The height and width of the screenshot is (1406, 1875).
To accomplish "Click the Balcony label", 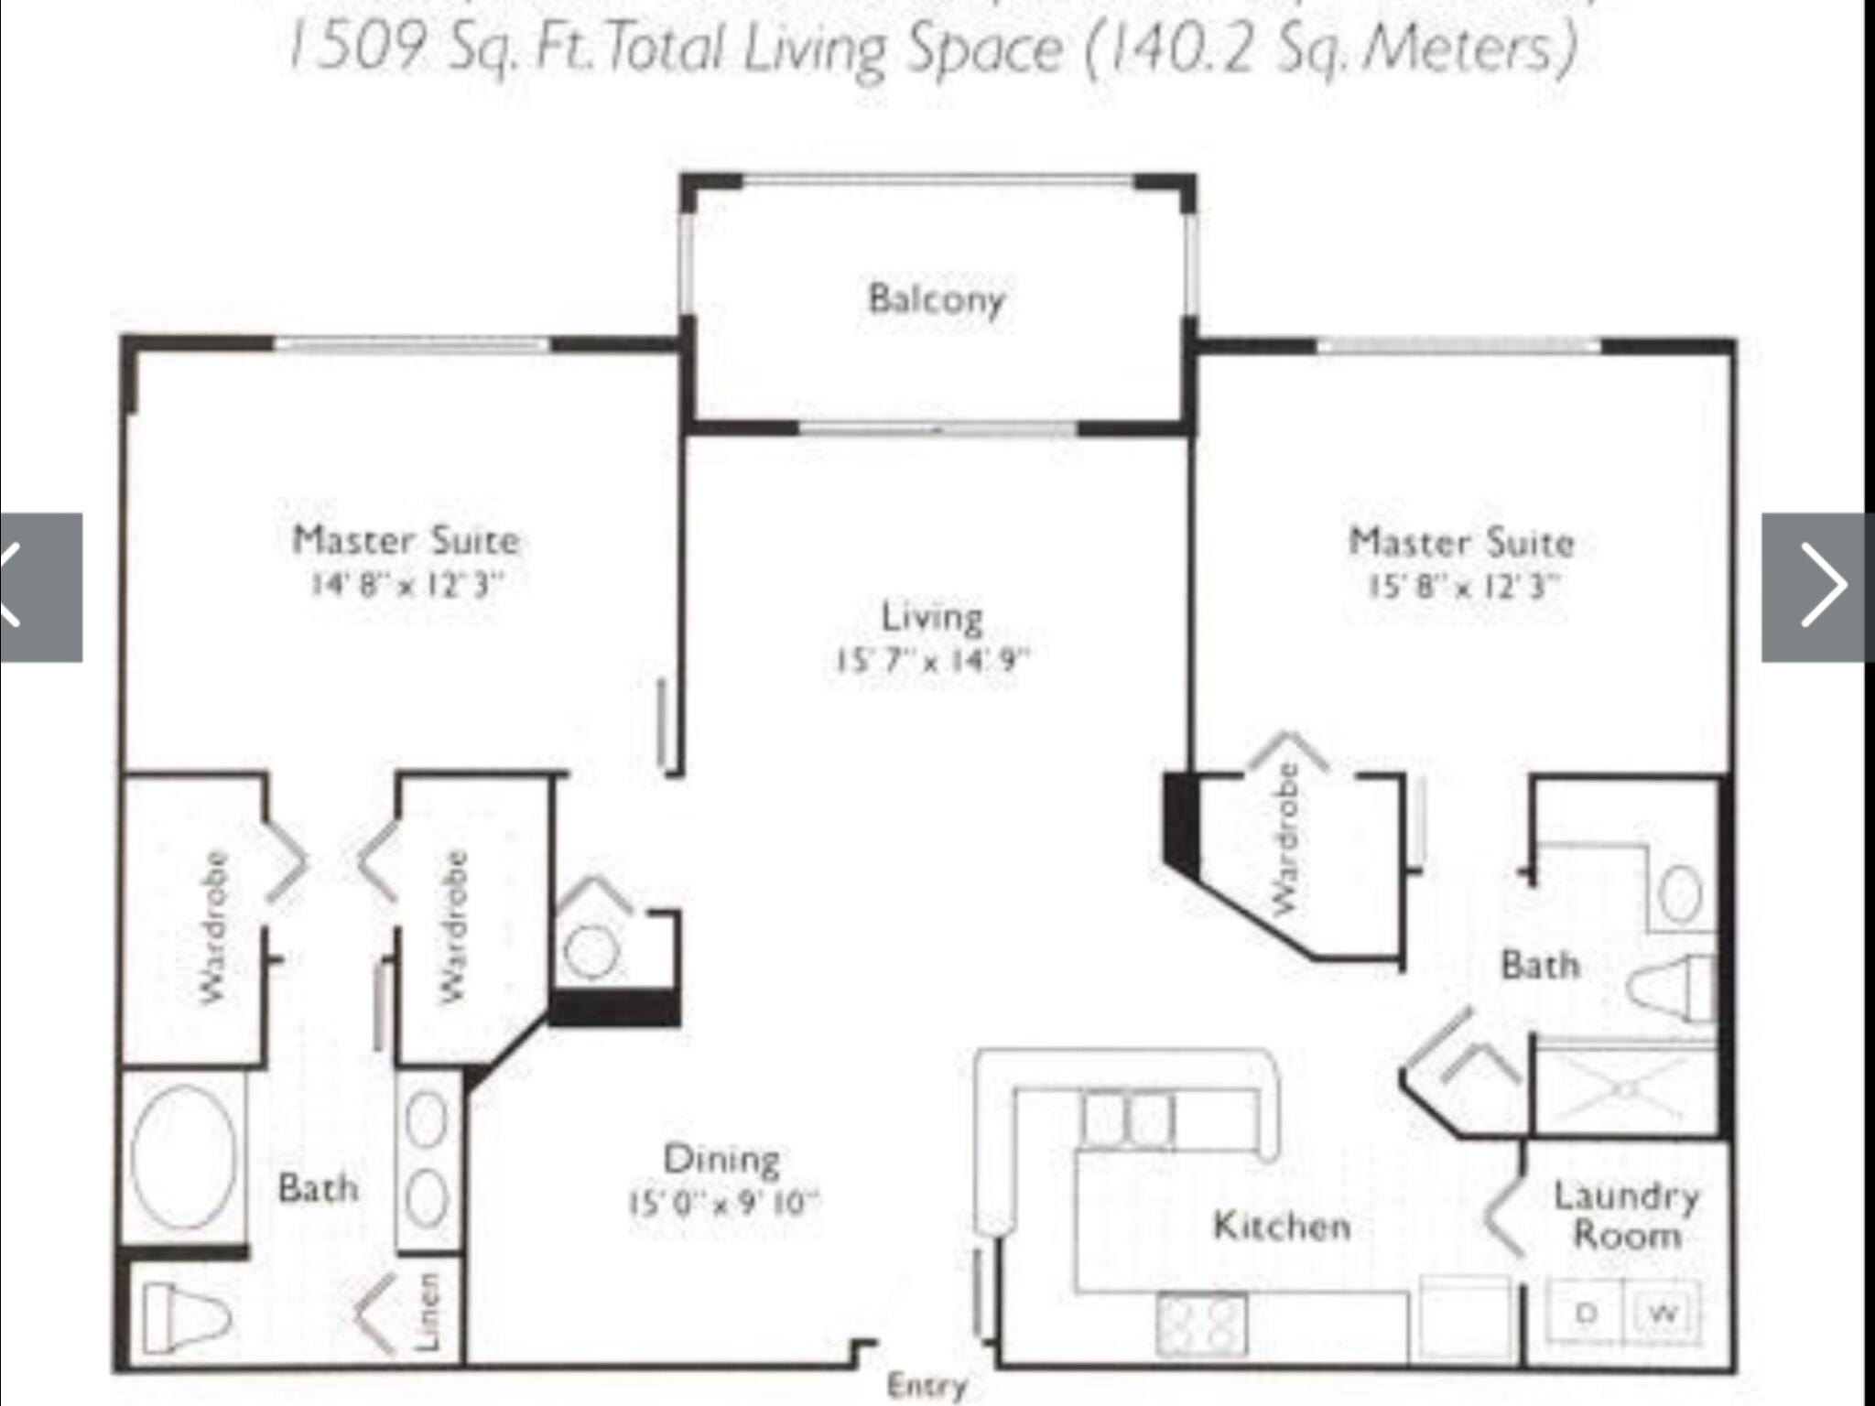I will pyautogui.click(x=936, y=298).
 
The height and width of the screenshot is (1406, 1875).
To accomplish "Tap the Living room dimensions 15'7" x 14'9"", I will pyautogui.click(x=932, y=660).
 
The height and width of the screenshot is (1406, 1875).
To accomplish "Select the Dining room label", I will pyautogui.click(x=721, y=1159).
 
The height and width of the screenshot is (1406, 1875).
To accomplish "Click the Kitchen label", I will pyautogui.click(x=1282, y=1226).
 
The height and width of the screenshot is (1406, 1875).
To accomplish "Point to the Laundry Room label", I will pyautogui.click(x=1627, y=1216).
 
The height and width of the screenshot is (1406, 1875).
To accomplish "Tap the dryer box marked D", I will pyautogui.click(x=1586, y=1314).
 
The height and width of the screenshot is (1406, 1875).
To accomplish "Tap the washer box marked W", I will pyautogui.click(x=1663, y=1314).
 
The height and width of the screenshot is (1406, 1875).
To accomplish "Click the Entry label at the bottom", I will pyautogui.click(x=927, y=1386).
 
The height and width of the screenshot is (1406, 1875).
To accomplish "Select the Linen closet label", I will pyautogui.click(x=428, y=1311).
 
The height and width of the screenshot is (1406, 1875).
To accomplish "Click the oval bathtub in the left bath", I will pyautogui.click(x=183, y=1157).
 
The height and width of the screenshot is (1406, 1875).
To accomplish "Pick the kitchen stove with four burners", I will pyautogui.click(x=1201, y=1324).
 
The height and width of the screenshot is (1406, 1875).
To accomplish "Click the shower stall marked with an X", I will pyautogui.click(x=1626, y=1089).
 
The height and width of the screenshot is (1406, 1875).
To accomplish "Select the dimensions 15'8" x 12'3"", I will pyautogui.click(x=1463, y=586).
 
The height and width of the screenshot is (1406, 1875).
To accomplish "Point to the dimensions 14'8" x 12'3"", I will pyautogui.click(x=406, y=584).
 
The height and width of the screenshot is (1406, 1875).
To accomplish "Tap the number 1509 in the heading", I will pyautogui.click(x=359, y=48).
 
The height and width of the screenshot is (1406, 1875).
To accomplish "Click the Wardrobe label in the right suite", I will pyautogui.click(x=1286, y=838).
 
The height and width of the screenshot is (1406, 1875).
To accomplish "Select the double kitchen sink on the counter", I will pyautogui.click(x=1126, y=1119).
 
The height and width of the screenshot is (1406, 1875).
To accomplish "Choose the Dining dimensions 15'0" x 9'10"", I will pyautogui.click(x=723, y=1202).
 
